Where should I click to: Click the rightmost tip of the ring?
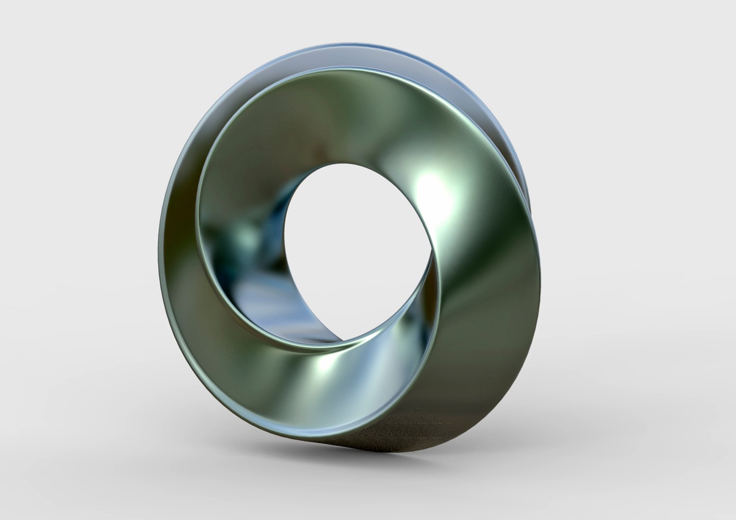(x=532, y=212)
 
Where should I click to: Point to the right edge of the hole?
(x=432, y=250)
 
